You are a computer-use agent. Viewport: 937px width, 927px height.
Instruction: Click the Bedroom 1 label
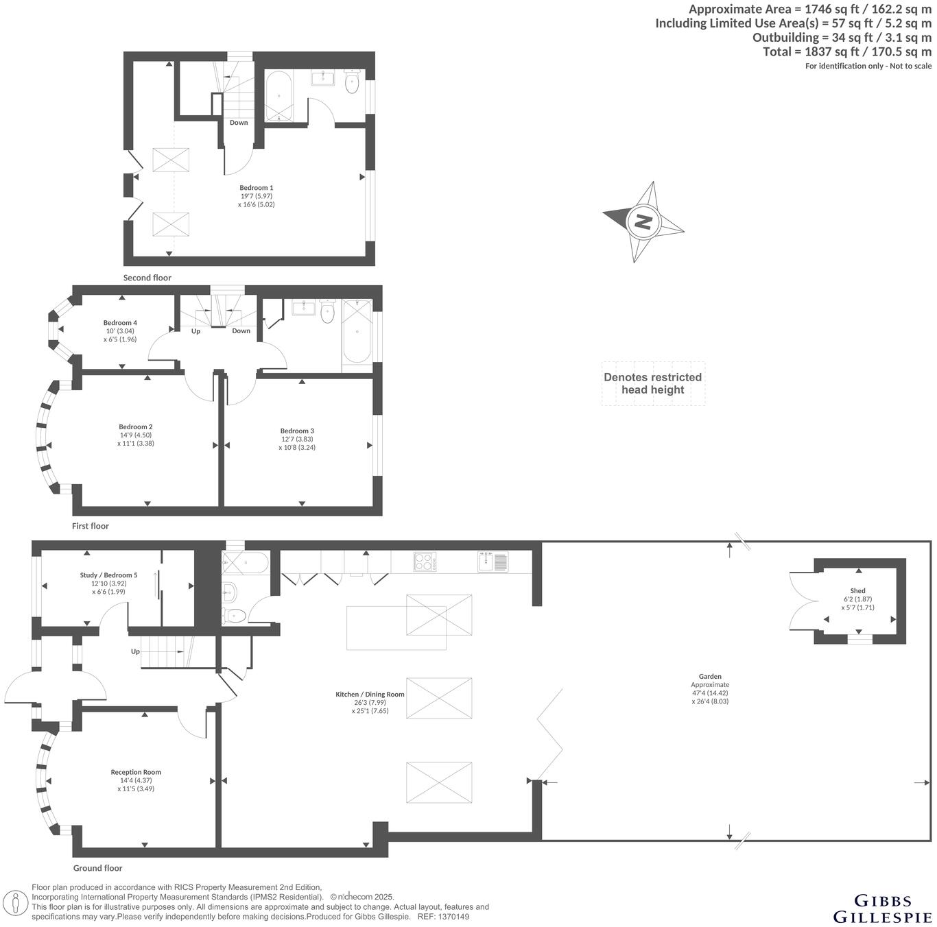[257, 188]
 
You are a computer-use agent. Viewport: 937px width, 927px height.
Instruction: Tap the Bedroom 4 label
[120, 323]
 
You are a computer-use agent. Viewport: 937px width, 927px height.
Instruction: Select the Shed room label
[857, 591]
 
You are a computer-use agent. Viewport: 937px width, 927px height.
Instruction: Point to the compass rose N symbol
[643, 222]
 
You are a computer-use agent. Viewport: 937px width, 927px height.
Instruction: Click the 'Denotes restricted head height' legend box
[653, 384]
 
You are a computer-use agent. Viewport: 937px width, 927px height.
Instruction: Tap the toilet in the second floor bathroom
[352, 83]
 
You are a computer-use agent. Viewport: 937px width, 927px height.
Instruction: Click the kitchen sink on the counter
[493, 562]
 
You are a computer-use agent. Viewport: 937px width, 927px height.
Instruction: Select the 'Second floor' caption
[147, 278]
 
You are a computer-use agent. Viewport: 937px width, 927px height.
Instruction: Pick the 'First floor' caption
[91, 526]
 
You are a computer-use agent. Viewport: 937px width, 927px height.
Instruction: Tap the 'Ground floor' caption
[98, 868]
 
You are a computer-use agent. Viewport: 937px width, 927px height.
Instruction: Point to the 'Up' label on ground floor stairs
[135, 651]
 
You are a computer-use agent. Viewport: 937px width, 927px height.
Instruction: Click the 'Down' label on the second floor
[239, 123]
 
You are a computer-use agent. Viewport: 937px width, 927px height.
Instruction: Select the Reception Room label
[136, 772]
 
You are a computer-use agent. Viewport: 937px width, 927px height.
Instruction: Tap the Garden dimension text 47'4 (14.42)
[710, 693]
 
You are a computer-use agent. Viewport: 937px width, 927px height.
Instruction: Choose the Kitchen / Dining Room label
[370, 695]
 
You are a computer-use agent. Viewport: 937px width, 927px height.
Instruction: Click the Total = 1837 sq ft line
[847, 51]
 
